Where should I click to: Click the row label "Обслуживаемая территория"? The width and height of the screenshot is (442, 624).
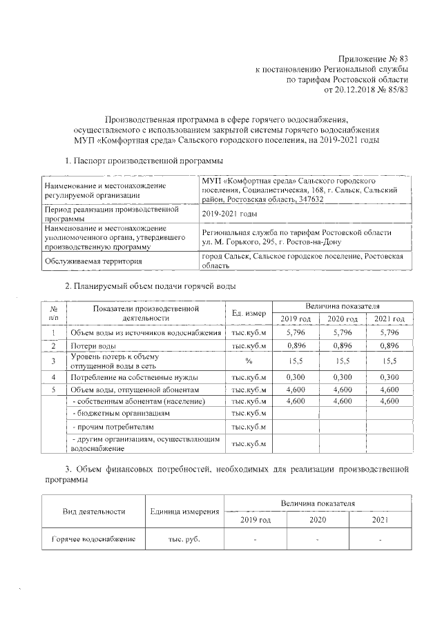tap(94, 261)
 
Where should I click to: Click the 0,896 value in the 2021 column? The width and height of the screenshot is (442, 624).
tap(389, 345)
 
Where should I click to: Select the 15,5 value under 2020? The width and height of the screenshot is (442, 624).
tap(342, 361)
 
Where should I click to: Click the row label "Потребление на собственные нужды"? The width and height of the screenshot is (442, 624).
tap(134, 377)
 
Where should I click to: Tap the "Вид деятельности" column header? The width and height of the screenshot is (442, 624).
tap(94, 512)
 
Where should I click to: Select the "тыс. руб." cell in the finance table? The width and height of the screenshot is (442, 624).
tap(184, 539)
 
